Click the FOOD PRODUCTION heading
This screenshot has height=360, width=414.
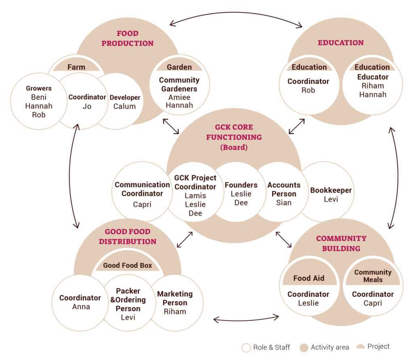[127, 38]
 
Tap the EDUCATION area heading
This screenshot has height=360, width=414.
[340, 43]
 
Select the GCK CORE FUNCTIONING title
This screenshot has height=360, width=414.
[234, 132]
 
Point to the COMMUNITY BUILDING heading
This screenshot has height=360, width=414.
[341, 243]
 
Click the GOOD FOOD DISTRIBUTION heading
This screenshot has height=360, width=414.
[127, 236]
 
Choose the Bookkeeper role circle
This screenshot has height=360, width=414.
[331, 194]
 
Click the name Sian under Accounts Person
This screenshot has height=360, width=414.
[283, 203]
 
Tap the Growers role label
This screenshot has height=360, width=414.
[39, 88]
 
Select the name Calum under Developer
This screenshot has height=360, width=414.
[125, 106]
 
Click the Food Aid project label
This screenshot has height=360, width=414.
[308, 278]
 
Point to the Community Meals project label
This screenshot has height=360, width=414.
[373, 276]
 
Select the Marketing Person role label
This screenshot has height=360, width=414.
[175, 298]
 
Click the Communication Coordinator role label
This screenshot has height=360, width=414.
[142, 189]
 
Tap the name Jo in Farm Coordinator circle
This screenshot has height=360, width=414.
[87, 106]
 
